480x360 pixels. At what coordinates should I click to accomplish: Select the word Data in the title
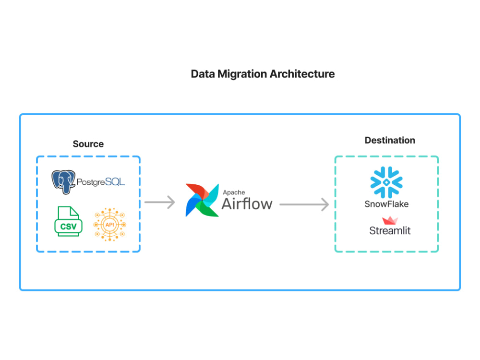[x=203, y=74]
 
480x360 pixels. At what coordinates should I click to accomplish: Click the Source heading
[x=88, y=144]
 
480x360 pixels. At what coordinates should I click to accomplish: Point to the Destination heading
[x=390, y=140]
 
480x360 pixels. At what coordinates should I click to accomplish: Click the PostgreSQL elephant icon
[x=63, y=182]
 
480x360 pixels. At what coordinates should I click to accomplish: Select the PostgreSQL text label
[x=101, y=182]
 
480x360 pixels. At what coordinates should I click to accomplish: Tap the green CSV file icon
[x=68, y=221]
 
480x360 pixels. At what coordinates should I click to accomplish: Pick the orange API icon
[x=109, y=224]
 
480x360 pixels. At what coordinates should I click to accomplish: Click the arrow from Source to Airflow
[x=159, y=202]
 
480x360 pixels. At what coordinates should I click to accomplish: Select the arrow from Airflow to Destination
[x=304, y=204]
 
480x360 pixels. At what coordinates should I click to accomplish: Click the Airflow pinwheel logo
[x=202, y=200]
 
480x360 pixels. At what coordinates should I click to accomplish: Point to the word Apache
[x=234, y=192]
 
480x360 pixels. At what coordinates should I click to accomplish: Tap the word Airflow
[x=247, y=204]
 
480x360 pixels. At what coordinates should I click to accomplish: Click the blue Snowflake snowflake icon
[x=386, y=182]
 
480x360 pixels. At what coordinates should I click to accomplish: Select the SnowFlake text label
[x=386, y=204]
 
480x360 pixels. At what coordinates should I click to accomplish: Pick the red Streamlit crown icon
[x=390, y=220]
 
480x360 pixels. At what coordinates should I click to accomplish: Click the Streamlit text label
[x=390, y=230]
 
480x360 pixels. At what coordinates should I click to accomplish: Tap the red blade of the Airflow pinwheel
[x=197, y=191]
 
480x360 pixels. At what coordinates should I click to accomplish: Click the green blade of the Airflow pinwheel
[x=209, y=209]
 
